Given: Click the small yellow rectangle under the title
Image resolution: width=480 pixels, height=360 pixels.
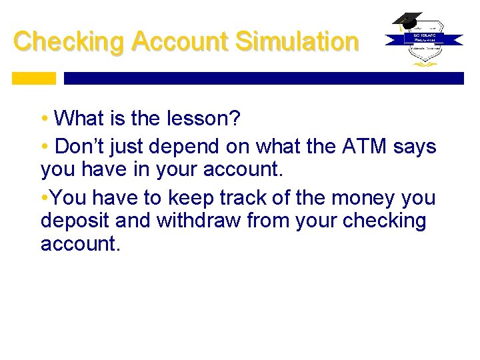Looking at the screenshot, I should (34, 78).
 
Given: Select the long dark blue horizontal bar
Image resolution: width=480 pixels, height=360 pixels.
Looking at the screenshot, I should (263, 78).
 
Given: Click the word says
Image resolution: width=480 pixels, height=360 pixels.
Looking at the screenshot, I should (417, 147).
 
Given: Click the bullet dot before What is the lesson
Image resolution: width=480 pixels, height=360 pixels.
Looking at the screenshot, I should (44, 119).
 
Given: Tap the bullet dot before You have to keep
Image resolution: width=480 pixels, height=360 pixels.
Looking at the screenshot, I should (44, 199).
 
